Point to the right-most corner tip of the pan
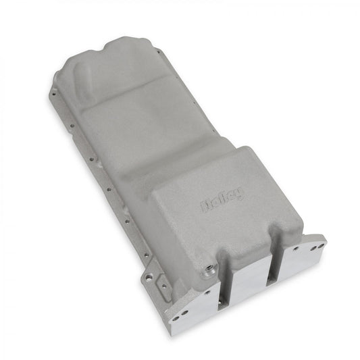coord(326,238)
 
